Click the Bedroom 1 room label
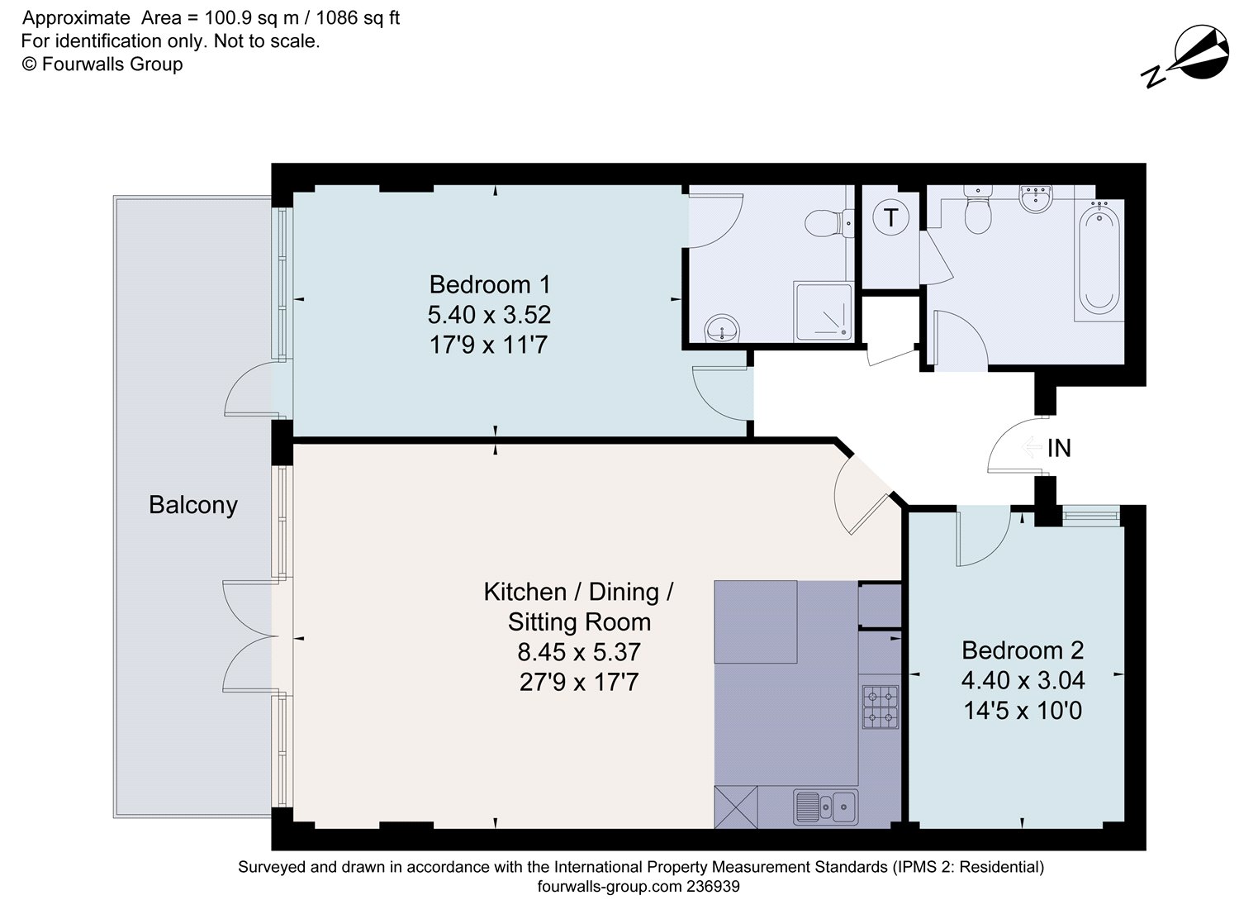click(489, 284)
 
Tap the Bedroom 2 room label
click(1022, 650)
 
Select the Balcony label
click(193, 505)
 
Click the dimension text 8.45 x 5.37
click(578, 652)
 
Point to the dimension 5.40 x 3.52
click(489, 315)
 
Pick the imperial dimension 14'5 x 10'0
click(1022, 711)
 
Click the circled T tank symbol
click(890, 218)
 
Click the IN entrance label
click(1058, 448)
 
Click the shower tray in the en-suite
click(823, 312)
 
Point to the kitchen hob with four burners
click(880, 707)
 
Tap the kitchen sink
click(825, 806)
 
